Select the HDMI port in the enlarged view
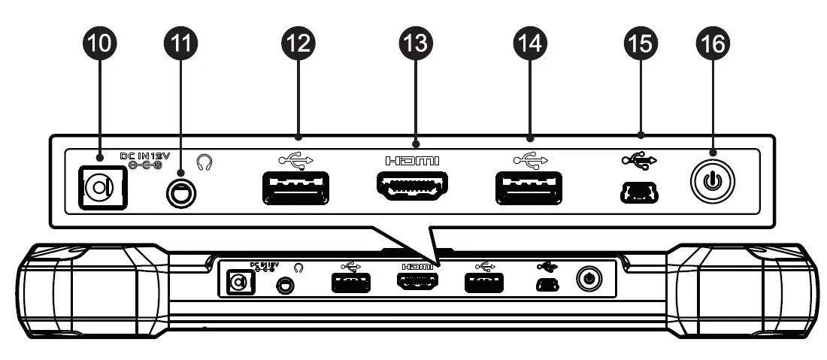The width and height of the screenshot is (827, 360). click(x=410, y=187)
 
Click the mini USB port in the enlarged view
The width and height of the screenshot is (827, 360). click(x=639, y=193)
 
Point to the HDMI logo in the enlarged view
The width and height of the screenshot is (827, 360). click(x=411, y=160)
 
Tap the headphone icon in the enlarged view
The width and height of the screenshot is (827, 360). click(x=203, y=161)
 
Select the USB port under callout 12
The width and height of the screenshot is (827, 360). click(x=296, y=188)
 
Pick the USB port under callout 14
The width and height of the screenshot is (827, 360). click(x=529, y=188)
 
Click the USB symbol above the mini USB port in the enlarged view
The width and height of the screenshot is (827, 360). click(x=639, y=159)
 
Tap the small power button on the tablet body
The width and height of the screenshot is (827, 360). click(x=589, y=280)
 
